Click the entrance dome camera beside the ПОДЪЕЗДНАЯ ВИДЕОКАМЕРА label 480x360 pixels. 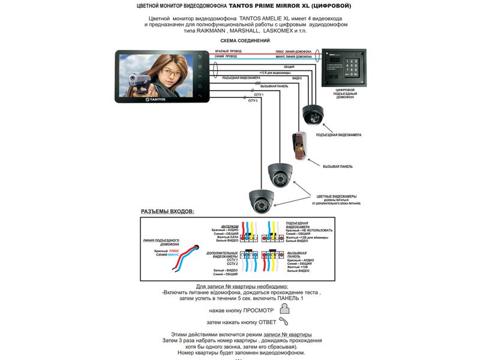tap(313, 113)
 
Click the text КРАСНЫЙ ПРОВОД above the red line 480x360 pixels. tap(229, 52)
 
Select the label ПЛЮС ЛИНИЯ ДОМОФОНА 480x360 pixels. tap(293, 52)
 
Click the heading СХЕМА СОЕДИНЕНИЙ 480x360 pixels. tap(240, 41)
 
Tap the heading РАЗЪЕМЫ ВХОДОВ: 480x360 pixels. tap(167, 212)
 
